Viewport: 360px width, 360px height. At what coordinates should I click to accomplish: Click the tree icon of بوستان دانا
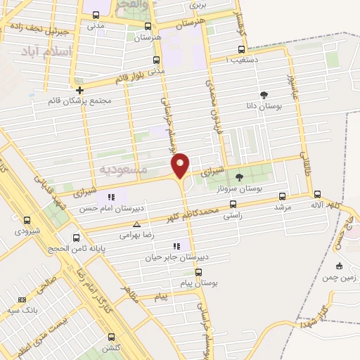(x=264, y=95)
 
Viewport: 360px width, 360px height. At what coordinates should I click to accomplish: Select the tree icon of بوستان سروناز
(x=239, y=177)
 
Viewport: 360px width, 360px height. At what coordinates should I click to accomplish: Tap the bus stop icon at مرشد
(x=283, y=196)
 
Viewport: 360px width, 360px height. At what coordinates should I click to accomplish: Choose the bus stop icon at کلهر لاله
(x=317, y=194)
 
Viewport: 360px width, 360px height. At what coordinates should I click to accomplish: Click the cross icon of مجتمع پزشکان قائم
(x=80, y=90)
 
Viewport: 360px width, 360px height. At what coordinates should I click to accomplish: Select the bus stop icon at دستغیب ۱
(x=242, y=49)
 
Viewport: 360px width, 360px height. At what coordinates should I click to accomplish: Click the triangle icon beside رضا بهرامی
(x=127, y=225)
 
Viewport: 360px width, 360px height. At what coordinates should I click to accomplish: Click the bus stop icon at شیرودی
(x=27, y=220)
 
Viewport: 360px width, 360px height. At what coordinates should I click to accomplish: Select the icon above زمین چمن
(x=339, y=266)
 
